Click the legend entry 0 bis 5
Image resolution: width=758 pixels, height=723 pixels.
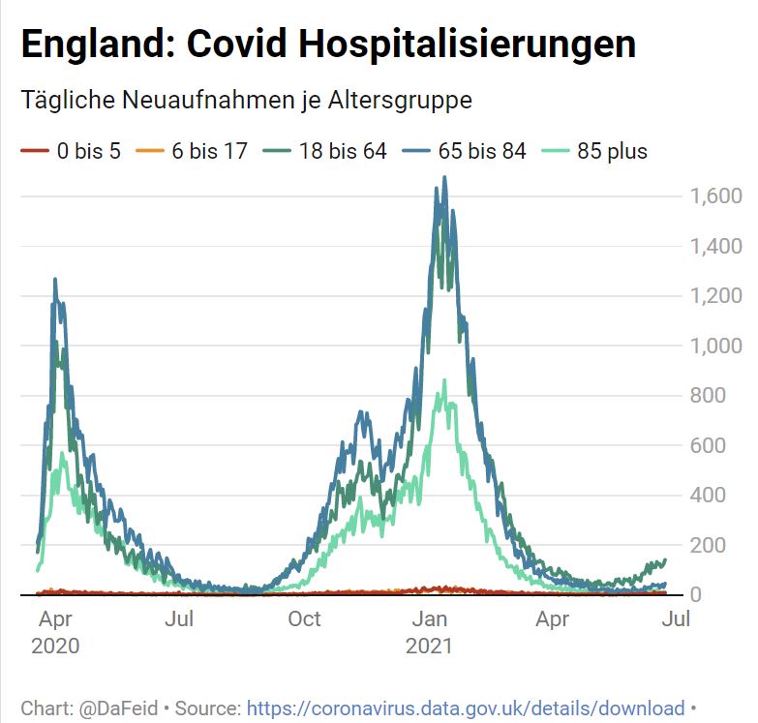point(88,151)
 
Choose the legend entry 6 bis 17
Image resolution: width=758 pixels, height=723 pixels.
point(209,151)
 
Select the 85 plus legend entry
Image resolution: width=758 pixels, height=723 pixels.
point(612,151)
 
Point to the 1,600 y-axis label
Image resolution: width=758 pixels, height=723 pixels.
point(715,196)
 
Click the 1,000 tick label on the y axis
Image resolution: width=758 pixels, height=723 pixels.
point(715,346)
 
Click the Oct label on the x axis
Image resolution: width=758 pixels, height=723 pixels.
point(304,619)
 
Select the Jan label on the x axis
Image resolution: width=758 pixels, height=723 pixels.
point(430,619)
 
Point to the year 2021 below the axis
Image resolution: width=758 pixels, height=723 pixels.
point(430,646)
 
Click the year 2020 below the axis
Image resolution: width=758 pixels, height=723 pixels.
point(55,646)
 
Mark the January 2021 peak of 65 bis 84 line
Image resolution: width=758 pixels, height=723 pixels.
point(444,178)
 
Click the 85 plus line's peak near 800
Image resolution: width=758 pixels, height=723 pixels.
point(444,381)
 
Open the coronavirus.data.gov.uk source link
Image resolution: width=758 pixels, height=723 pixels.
point(466,708)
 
